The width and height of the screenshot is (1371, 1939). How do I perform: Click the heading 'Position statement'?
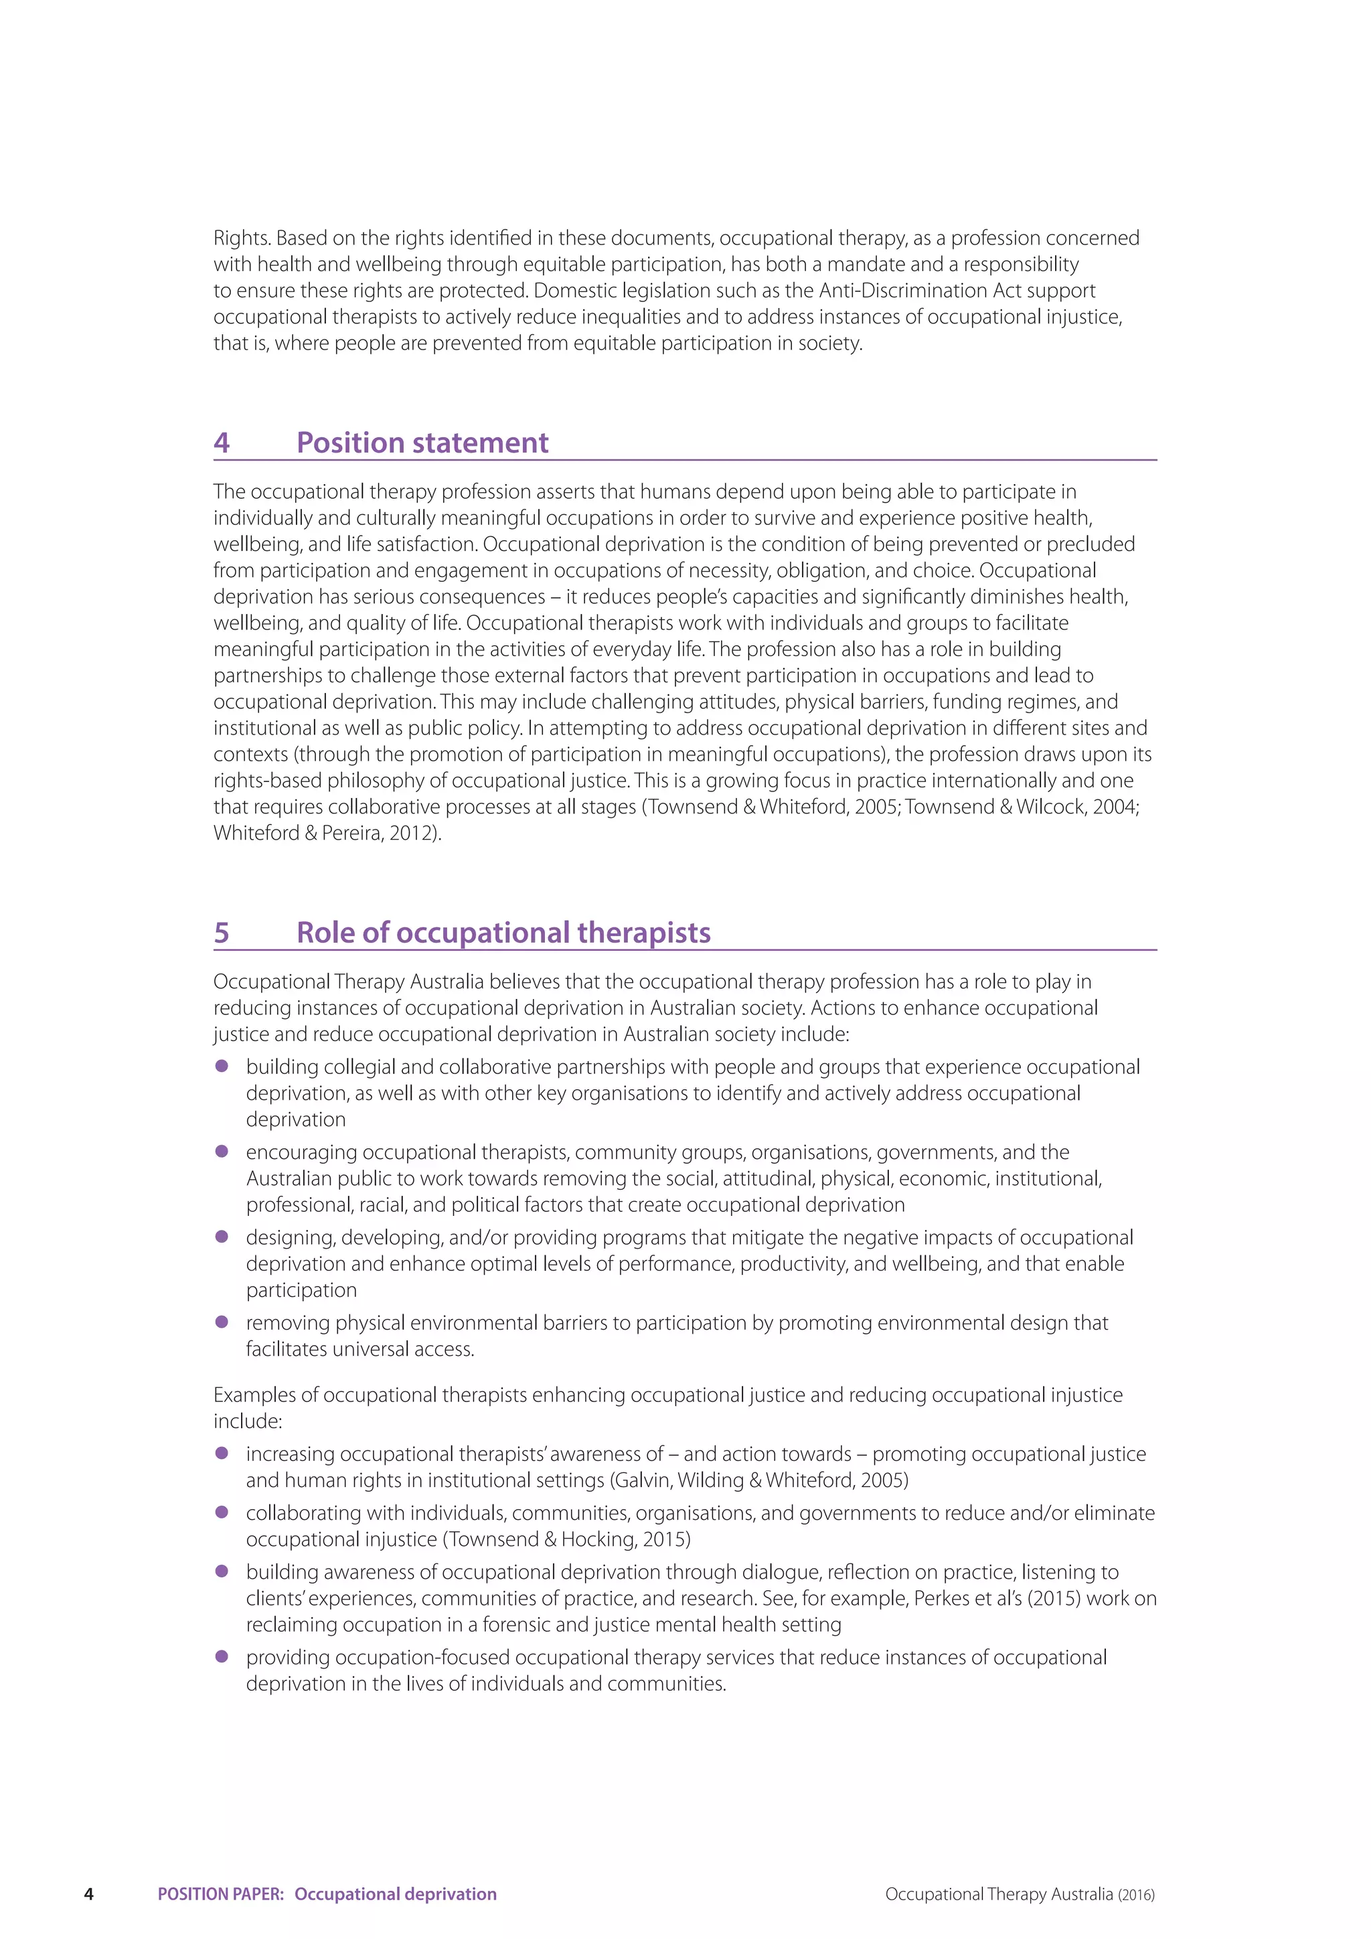click(422, 443)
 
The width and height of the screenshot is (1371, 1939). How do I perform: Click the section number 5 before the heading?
click(221, 933)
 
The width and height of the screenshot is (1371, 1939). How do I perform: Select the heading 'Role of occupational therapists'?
click(503, 933)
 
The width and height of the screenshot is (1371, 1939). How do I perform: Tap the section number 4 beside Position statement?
click(221, 443)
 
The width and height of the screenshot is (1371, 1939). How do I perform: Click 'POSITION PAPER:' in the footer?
click(220, 1893)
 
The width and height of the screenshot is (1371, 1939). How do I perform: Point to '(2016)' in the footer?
click(1135, 1894)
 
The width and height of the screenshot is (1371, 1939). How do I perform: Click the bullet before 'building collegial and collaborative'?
click(222, 1066)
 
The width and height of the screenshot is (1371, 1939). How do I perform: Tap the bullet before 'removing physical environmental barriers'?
click(222, 1322)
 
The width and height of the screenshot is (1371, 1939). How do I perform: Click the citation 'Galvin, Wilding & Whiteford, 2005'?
click(760, 1480)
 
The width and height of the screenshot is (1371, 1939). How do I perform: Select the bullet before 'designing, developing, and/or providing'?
click(222, 1237)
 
